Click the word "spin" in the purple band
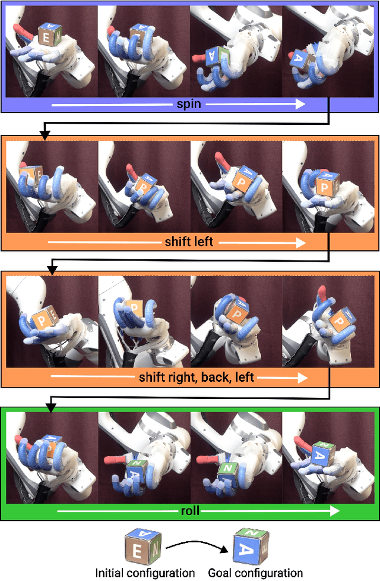pyautogui.click(x=189, y=104)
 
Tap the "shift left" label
pyautogui.click(x=189, y=242)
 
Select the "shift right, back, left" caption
pyautogui.click(x=196, y=377)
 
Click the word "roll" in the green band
pyautogui.click(x=190, y=511)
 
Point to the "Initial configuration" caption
pyautogui.click(x=145, y=573)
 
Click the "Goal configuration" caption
pyautogui.click(x=255, y=573)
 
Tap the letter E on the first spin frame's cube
pyautogui.click(x=46, y=38)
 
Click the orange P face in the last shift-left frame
pyautogui.click(x=325, y=188)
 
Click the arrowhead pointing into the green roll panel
pyautogui.click(x=51, y=409)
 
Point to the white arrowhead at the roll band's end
pyautogui.click(x=334, y=511)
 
